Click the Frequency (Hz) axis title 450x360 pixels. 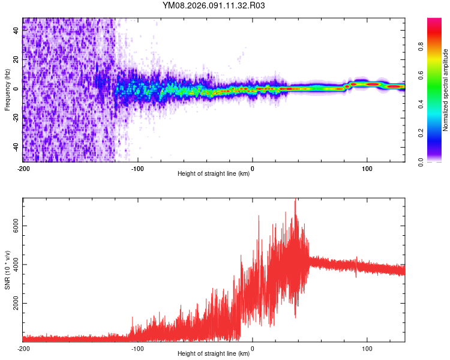tap(8, 90)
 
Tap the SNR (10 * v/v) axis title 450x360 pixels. tap(8, 270)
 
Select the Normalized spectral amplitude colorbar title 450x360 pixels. tap(446, 90)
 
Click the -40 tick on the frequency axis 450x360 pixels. tap(16, 147)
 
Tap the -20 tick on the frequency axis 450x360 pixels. tap(16, 118)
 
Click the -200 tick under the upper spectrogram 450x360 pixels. tap(23, 168)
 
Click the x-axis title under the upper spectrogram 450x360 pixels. tap(214, 174)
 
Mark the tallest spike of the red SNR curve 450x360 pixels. tap(295, 200)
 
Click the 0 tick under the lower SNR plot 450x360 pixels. tap(252, 348)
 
